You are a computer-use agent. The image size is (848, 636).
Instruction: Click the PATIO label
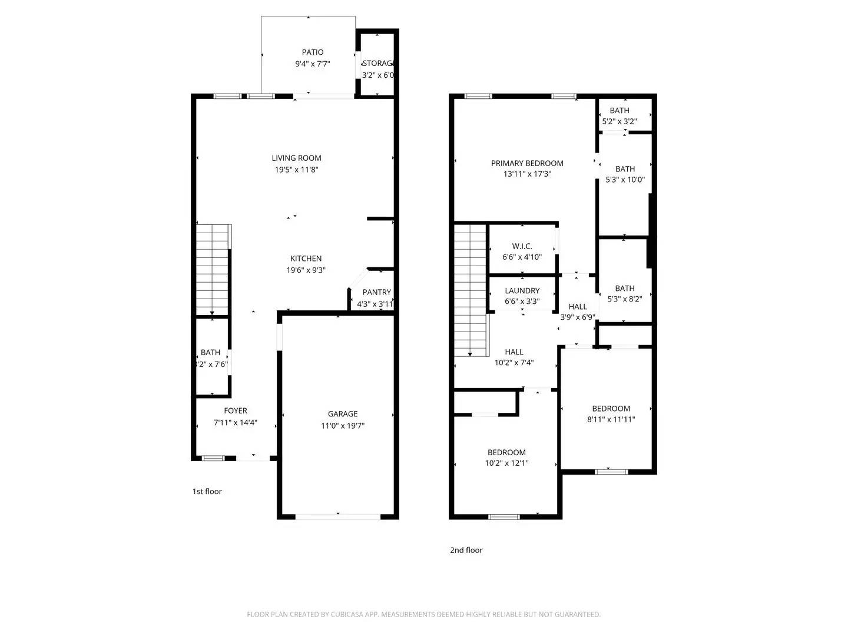(313, 52)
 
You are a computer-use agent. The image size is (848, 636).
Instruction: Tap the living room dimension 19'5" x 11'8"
(297, 170)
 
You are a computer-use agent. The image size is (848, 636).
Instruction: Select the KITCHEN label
(306, 259)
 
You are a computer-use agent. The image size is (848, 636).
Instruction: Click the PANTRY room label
(376, 292)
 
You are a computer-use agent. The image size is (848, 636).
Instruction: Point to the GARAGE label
(343, 414)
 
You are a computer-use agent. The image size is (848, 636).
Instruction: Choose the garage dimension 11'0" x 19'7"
(343, 425)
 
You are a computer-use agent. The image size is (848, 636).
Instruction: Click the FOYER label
(236, 411)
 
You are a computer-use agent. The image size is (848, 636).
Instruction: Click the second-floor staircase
(471, 289)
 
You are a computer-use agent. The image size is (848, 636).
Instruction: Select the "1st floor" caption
(207, 492)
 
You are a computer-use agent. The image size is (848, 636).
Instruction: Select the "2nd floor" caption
(466, 551)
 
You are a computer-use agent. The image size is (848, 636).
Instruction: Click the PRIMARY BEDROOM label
(527, 163)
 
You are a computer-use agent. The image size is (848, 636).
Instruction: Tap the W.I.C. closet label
(522, 246)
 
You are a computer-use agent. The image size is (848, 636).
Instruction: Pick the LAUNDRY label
(522, 291)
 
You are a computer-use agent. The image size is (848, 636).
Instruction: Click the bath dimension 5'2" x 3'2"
(619, 121)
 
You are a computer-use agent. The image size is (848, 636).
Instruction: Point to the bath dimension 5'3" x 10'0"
(625, 180)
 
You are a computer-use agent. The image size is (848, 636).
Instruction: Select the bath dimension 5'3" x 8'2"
(625, 299)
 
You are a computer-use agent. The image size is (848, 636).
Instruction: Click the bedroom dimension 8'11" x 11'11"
(611, 420)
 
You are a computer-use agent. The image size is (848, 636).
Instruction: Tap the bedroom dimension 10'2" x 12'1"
(506, 463)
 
